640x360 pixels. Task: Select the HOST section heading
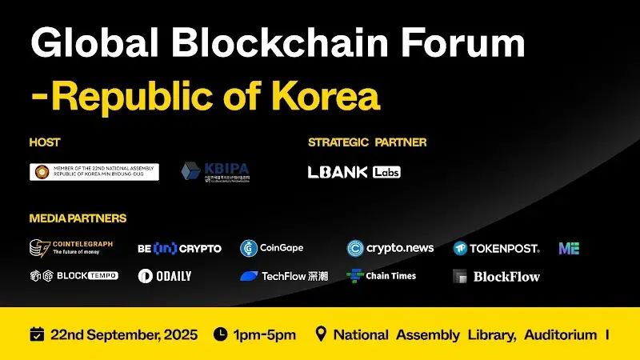[x=45, y=142]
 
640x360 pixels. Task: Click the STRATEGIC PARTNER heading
[x=367, y=142]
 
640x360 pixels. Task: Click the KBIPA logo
[x=215, y=172]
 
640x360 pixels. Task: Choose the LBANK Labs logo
[x=354, y=172]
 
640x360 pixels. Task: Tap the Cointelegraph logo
[x=71, y=248]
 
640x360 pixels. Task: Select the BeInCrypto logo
[x=179, y=248]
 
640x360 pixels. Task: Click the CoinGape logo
[x=272, y=248]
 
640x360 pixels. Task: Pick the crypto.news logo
[x=390, y=248]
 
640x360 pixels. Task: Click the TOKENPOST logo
[x=496, y=248]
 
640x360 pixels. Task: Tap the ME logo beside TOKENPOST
[x=569, y=248]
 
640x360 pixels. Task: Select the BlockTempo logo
[x=74, y=275]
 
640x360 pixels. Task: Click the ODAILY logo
[x=165, y=276]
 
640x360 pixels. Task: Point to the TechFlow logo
[x=284, y=276]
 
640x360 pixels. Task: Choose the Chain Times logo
[x=381, y=276]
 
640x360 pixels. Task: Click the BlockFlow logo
[x=496, y=277]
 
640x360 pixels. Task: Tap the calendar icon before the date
[x=36, y=334]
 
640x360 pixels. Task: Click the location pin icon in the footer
[x=322, y=334]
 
